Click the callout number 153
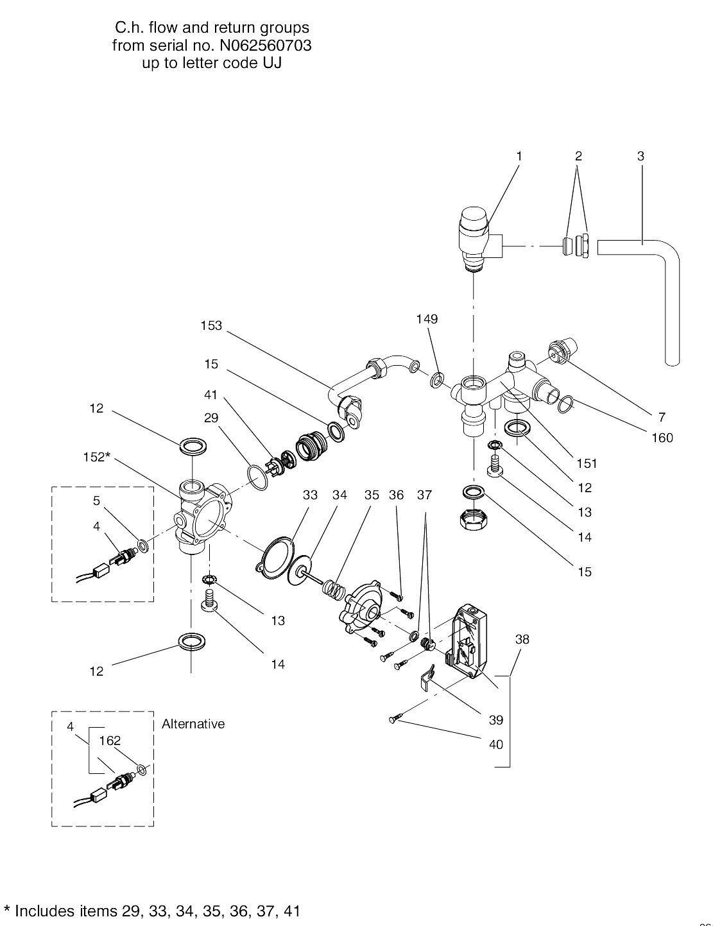click(211, 325)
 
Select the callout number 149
click(427, 319)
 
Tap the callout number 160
click(662, 438)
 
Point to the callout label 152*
click(98, 457)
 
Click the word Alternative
click(193, 724)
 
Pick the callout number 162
click(110, 741)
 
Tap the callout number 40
click(496, 744)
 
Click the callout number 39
click(496, 720)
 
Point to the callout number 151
click(587, 463)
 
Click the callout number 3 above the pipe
click(640, 156)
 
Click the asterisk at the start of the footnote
click(8, 911)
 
